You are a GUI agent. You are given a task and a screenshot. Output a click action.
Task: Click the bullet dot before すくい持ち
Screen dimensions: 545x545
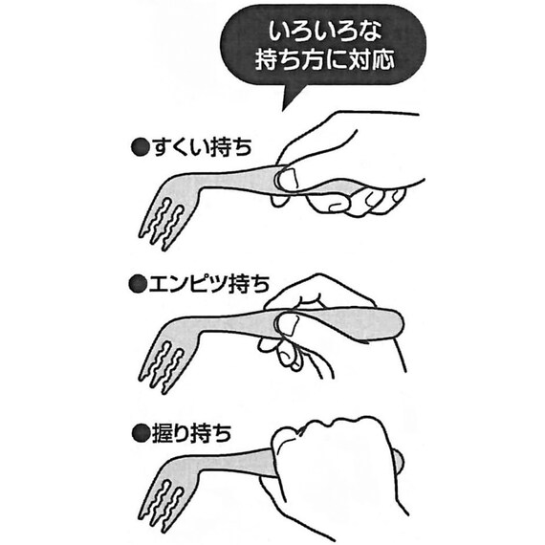pyautogui.click(x=139, y=147)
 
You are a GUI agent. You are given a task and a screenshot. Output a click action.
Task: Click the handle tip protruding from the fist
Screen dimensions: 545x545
pyautogui.click(x=398, y=462)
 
